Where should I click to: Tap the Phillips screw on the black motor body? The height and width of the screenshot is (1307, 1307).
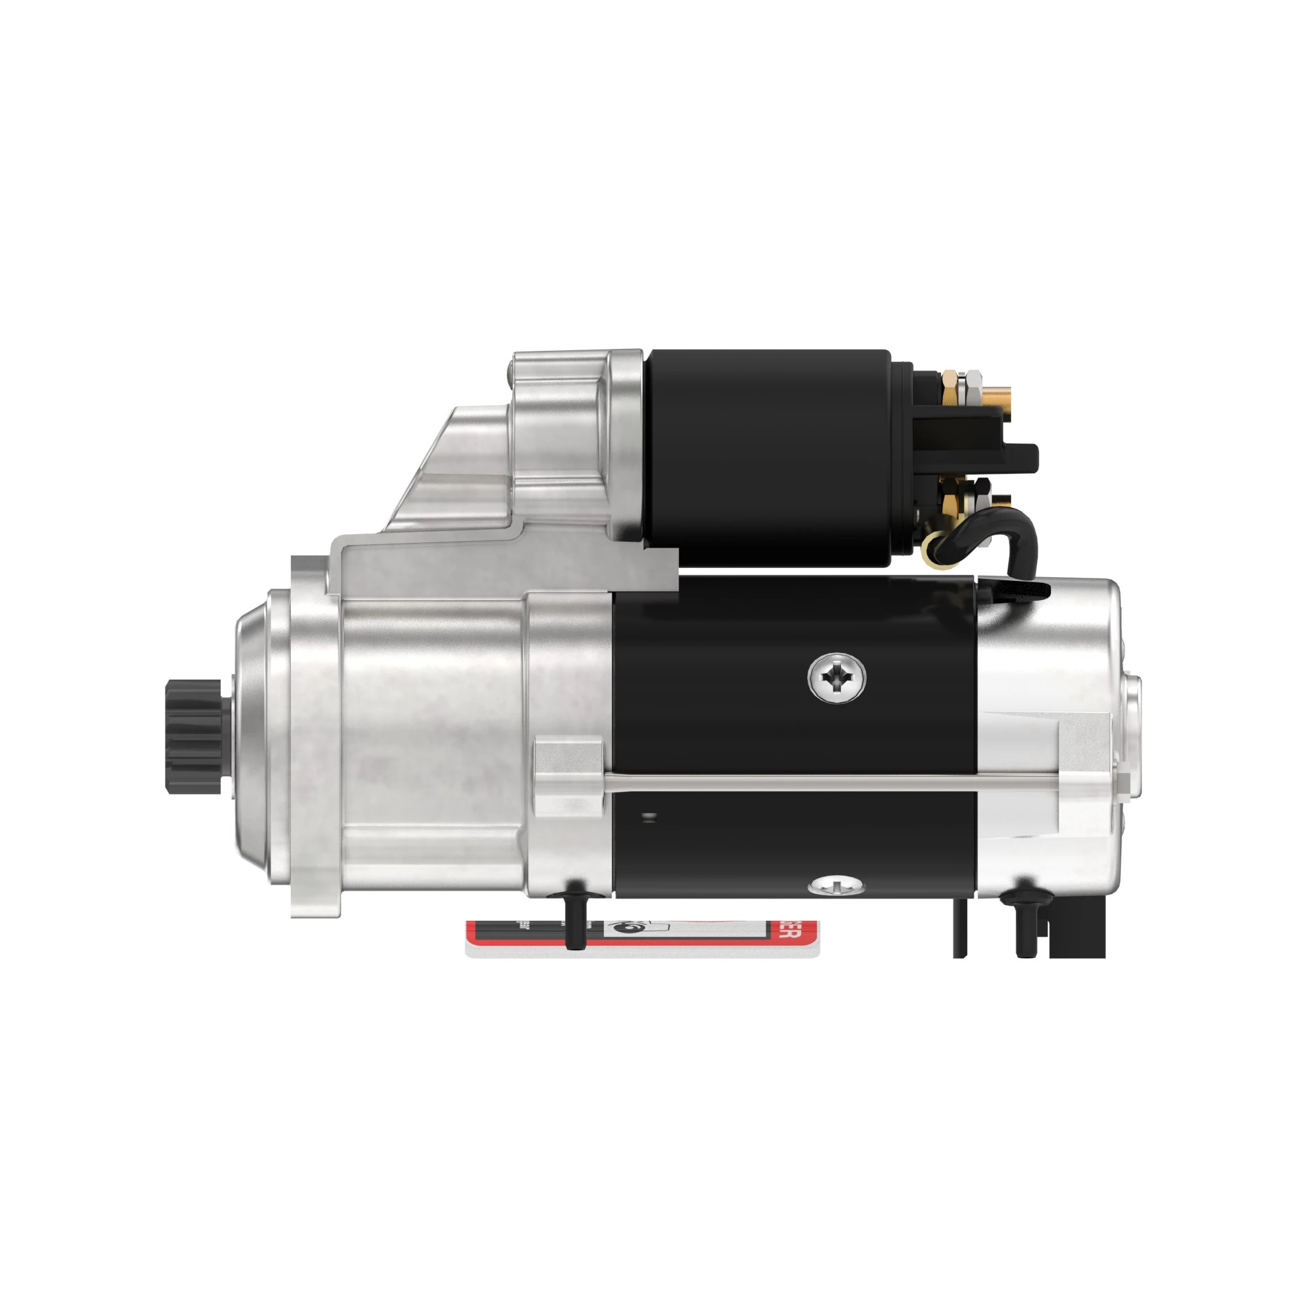point(838,677)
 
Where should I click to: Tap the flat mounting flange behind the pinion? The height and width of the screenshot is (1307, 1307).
point(314,737)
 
